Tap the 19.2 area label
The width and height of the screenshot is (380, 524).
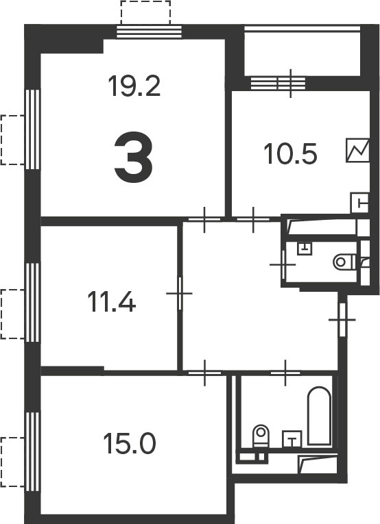[x=134, y=86]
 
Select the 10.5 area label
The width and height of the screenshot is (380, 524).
[x=290, y=153]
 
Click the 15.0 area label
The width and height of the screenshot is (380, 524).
[x=130, y=443]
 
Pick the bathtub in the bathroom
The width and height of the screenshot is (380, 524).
[x=319, y=416]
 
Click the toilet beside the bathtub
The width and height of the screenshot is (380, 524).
[x=261, y=436]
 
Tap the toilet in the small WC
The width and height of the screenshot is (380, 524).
[x=345, y=262]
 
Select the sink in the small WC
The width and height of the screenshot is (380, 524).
[x=305, y=248]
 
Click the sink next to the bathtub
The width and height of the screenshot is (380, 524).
[x=292, y=439]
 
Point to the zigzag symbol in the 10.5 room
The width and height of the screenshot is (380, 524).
[x=357, y=151]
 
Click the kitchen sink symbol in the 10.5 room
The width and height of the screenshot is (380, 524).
[x=360, y=203]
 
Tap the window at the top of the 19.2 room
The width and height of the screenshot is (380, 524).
[x=150, y=32]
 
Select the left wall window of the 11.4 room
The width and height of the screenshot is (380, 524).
[x=33, y=303]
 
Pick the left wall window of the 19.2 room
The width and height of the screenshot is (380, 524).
[x=33, y=129]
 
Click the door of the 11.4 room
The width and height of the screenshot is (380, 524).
[x=180, y=293]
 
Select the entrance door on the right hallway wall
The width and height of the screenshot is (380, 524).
[x=342, y=320]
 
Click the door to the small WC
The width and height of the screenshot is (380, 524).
[x=283, y=264]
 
